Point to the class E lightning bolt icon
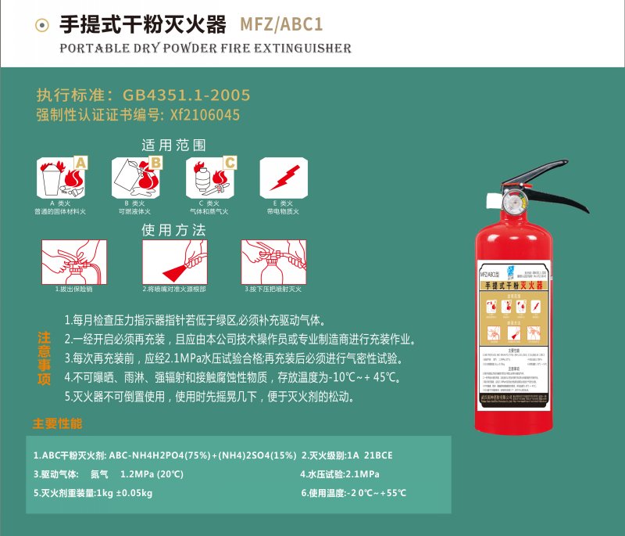(x=282, y=177)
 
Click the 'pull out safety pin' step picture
(x=73, y=261)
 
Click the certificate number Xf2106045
(x=200, y=115)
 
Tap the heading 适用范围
(x=173, y=145)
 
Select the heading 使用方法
(x=173, y=230)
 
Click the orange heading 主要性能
(x=57, y=423)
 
